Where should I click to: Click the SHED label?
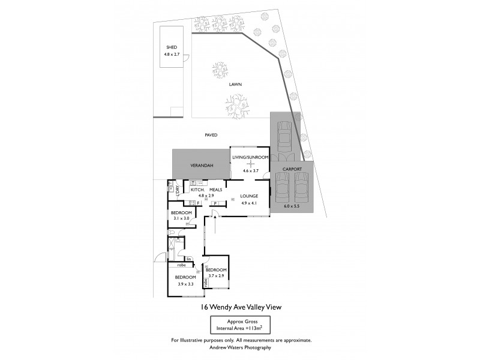[x=171, y=47]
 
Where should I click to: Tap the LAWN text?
[x=235, y=85]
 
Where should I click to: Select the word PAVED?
[x=211, y=135]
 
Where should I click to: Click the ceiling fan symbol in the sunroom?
[x=250, y=163]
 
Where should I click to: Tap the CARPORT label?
[x=292, y=169]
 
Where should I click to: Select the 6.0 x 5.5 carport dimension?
[x=292, y=205]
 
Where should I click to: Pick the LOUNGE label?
[x=249, y=196]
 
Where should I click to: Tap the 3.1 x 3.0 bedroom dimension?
[x=181, y=219]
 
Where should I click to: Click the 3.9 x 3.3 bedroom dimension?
[x=185, y=284]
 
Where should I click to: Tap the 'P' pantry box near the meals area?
[x=214, y=203]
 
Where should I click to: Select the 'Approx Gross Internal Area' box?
[x=240, y=326]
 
